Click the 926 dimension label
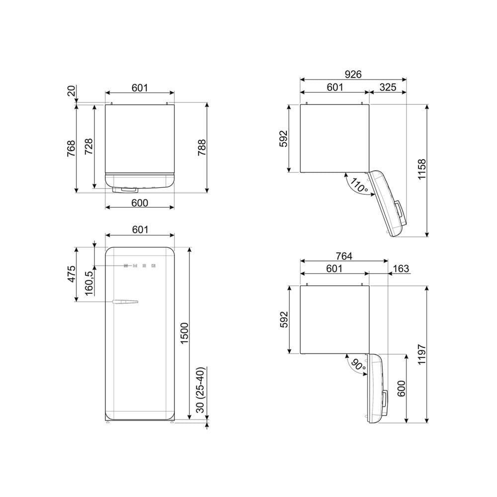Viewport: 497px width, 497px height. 353,74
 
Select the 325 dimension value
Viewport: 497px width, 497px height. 388,87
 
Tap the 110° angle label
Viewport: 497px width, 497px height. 358,186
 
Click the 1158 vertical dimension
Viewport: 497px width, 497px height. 422,169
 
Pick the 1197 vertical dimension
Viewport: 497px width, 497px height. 422,354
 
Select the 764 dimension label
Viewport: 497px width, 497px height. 344,256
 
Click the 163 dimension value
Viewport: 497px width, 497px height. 401,269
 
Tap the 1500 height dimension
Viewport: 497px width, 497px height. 184,333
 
